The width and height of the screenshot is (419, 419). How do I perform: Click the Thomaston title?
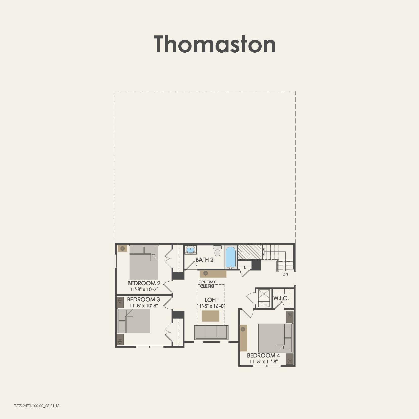(x=215, y=44)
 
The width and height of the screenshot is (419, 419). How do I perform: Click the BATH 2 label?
(x=204, y=260)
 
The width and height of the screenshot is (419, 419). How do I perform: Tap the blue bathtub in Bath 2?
(x=231, y=257)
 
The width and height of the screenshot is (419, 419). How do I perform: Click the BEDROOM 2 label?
(x=144, y=283)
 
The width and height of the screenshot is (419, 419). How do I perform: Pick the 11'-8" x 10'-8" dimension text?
(x=143, y=305)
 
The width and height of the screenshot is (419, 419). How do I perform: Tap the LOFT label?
(x=211, y=300)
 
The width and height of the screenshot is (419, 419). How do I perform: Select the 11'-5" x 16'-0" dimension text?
(x=211, y=306)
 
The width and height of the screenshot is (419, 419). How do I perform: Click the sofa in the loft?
(x=211, y=332)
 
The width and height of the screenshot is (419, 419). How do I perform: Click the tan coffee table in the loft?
(x=211, y=316)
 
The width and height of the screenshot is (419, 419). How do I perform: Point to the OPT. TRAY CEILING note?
(x=207, y=284)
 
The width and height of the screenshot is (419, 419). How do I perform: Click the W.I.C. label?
(x=281, y=298)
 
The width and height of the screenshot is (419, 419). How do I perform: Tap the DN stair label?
(x=285, y=274)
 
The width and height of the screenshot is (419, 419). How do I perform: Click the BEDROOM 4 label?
(x=263, y=355)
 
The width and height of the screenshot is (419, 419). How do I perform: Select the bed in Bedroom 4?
(x=275, y=338)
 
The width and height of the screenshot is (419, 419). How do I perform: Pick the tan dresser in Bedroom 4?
(x=243, y=338)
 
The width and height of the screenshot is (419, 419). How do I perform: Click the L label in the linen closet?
(x=245, y=267)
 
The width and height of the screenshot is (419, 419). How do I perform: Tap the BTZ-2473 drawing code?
(x=37, y=406)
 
